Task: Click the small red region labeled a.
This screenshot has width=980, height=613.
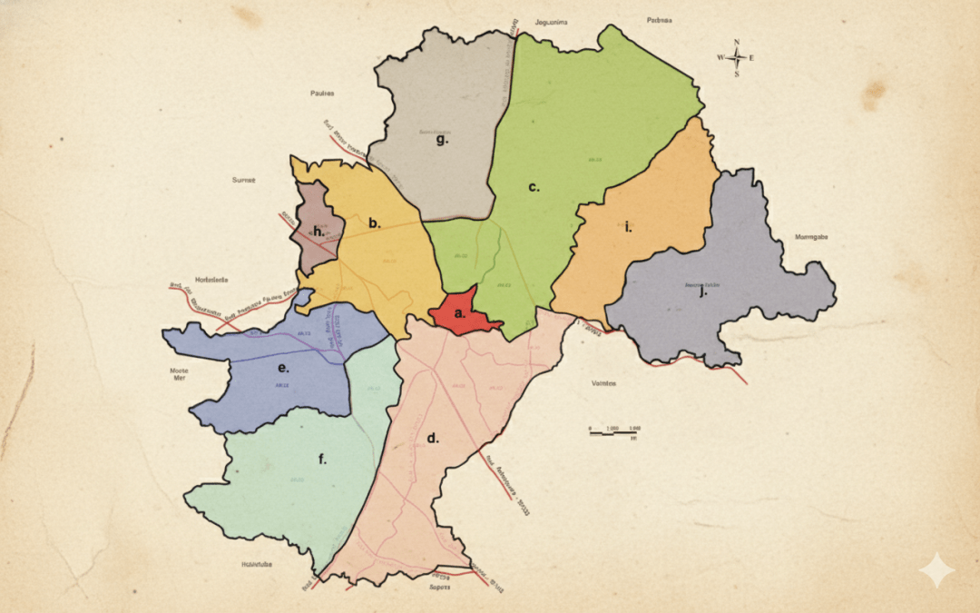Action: tap(459, 312)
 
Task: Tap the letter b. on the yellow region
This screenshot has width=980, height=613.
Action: tap(374, 222)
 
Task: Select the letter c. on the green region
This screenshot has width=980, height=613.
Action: tap(534, 187)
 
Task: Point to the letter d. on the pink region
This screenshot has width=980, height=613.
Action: tap(433, 438)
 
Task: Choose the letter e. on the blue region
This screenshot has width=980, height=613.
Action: tap(283, 368)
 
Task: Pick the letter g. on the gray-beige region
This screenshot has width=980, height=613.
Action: tap(442, 140)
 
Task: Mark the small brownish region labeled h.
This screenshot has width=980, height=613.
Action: tap(318, 232)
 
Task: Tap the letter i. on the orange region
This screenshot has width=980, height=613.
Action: tap(628, 226)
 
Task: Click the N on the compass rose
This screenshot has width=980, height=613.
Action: tap(738, 42)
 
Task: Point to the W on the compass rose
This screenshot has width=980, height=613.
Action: tap(720, 57)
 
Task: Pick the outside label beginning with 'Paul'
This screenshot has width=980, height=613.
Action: tap(322, 93)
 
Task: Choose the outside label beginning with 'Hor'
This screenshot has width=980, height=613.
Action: tap(212, 280)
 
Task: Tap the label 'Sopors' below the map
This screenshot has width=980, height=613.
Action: tap(440, 588)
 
